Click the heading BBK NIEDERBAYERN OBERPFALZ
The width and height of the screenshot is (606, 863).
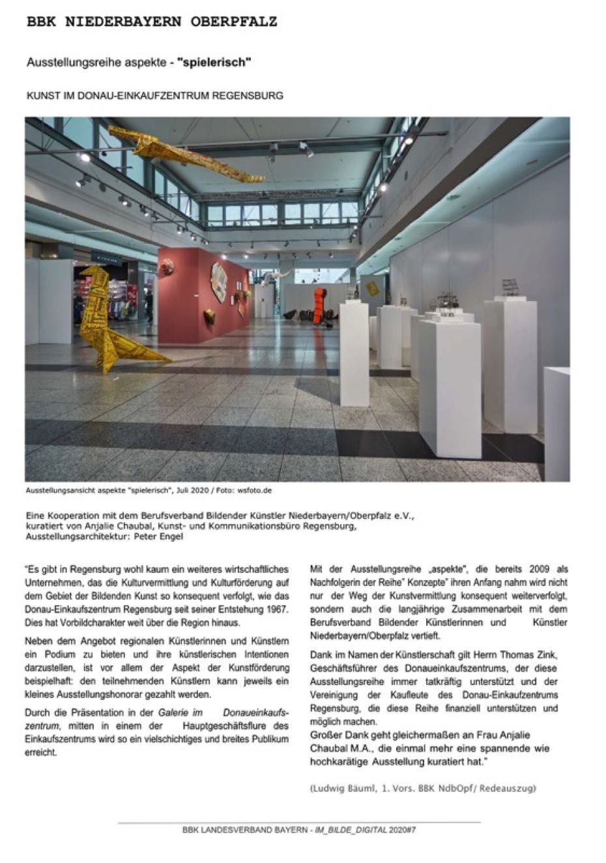pyautogui.click(x=152, y=22)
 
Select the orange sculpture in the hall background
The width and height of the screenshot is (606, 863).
pyautogui.click(x=319, y=305)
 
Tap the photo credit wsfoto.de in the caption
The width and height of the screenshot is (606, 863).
pyautogui.click(x=253, y=490)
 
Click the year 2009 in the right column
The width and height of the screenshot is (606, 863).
pyautogui.click(x=543, y=568)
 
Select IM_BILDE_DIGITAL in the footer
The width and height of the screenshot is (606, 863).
pyautogui.click(x=351, y=830)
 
